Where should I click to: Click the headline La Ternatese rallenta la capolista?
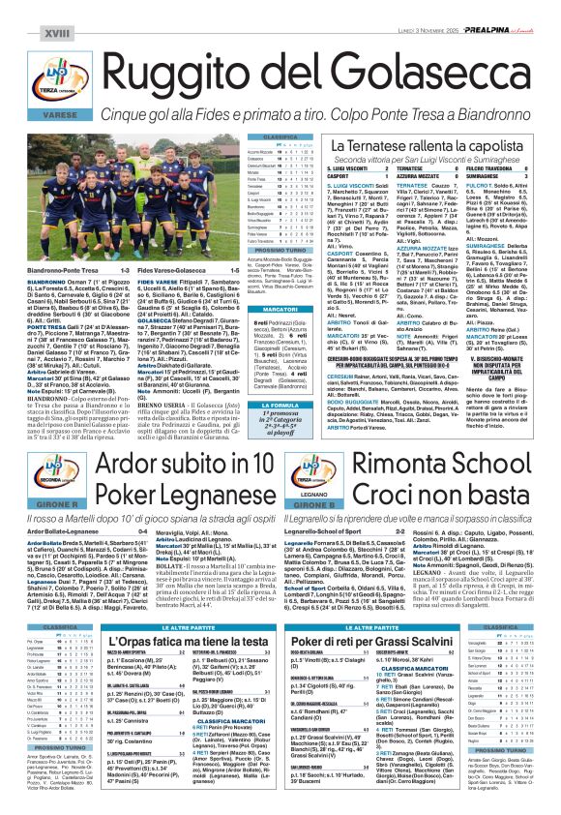(x=401, y=144)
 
